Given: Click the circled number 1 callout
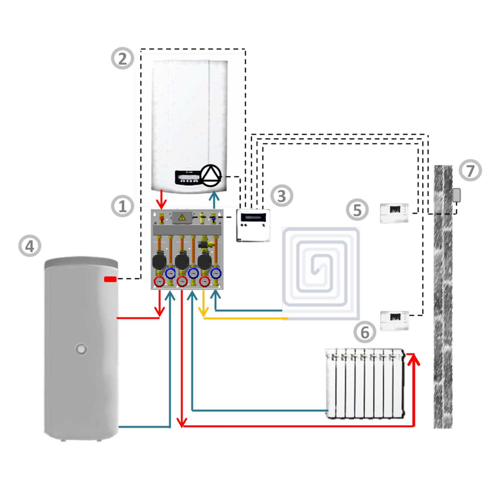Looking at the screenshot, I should pos(123,206).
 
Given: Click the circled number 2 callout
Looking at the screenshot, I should pos(123,59).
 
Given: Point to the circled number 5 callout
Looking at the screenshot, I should pos(357,210).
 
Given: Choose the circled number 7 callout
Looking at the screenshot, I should pos(470,170).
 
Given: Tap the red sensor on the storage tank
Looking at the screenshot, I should pos(110,279).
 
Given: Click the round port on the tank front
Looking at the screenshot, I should pos(82,347).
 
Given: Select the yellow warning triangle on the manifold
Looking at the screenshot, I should pos(182,216).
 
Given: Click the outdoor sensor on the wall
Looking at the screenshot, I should pos(456,195).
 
